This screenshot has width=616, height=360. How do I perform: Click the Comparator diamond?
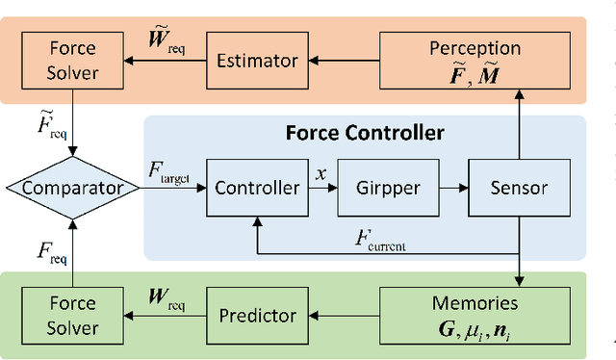pyautogui.click(x=73, y=187)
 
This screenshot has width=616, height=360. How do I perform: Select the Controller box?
pyautogui.click(x=257, y=187)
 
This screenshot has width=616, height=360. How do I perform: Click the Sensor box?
pyautogui.click(x=518, y=187)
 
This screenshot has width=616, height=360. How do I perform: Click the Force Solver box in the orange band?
pyautogui.click(x=73, y=60)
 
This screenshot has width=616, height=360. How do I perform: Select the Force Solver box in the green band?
pyautogui.click(x=73, y=314)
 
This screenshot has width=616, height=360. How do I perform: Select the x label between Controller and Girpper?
pyautogui.click(x=321, y=173)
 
